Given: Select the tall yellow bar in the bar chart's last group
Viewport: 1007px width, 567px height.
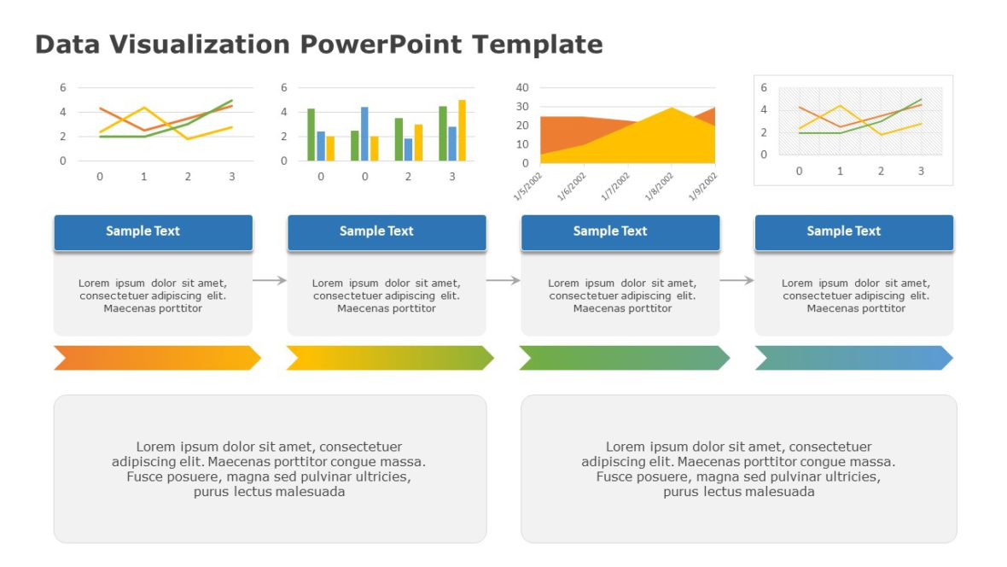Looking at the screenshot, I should pos(462,131).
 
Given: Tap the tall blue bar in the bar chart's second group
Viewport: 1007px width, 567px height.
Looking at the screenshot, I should pos(364,134).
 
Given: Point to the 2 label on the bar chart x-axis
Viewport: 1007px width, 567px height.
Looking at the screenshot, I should pos(408,176).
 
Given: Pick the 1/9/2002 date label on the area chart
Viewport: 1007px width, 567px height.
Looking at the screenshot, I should pos(703,186).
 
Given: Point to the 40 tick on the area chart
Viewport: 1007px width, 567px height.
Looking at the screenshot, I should pos(522,87).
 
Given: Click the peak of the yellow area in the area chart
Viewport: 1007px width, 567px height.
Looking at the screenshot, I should pos(672,108).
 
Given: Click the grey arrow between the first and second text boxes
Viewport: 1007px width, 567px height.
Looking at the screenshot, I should pos(270,280).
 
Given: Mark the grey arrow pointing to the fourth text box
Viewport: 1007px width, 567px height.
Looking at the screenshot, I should pos(736,280).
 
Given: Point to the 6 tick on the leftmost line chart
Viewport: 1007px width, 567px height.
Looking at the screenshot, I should pos(62,87).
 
